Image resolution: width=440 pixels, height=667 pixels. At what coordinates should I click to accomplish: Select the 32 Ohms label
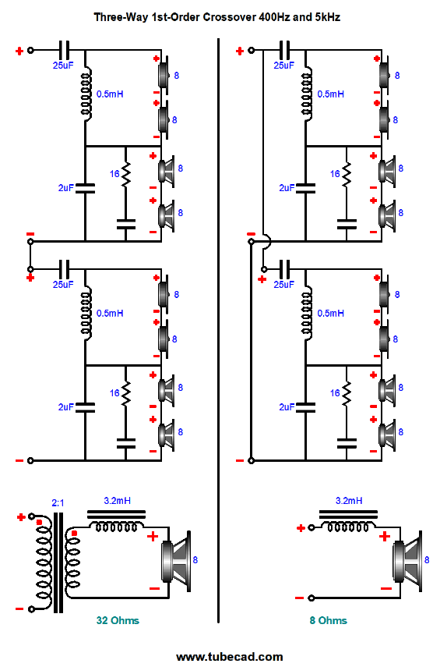[118, 620]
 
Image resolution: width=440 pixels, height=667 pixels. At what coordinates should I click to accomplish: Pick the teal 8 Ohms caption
[328, 620]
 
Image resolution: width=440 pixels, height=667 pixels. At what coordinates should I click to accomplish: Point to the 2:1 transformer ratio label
[58, 504]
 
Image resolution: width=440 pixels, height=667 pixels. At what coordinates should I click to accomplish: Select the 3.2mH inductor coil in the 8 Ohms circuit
[345, 528]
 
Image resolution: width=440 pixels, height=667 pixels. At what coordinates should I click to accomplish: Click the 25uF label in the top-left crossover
[62, 65]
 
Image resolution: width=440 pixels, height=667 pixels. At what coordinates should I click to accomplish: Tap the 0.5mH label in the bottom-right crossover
[331, 313]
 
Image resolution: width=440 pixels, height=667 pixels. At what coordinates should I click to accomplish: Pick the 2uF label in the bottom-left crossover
[65, 406]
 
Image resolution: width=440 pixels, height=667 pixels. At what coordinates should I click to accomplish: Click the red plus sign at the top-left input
[19, 51]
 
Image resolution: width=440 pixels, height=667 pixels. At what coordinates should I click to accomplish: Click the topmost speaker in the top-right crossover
[383, 75]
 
